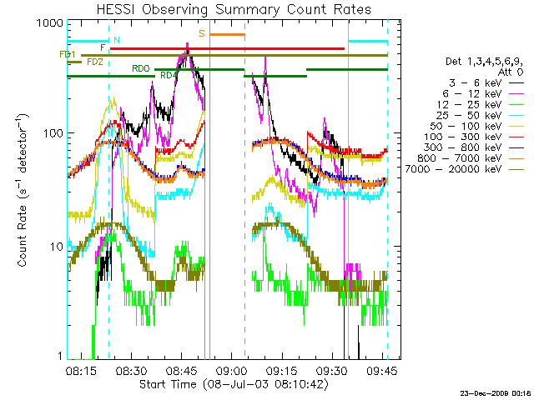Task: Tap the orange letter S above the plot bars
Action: [202, 33]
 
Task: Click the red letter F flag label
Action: [103, 48]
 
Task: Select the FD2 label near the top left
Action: [94, 62]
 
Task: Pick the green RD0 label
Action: [140, 68]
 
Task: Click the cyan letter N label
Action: [117, 40]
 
